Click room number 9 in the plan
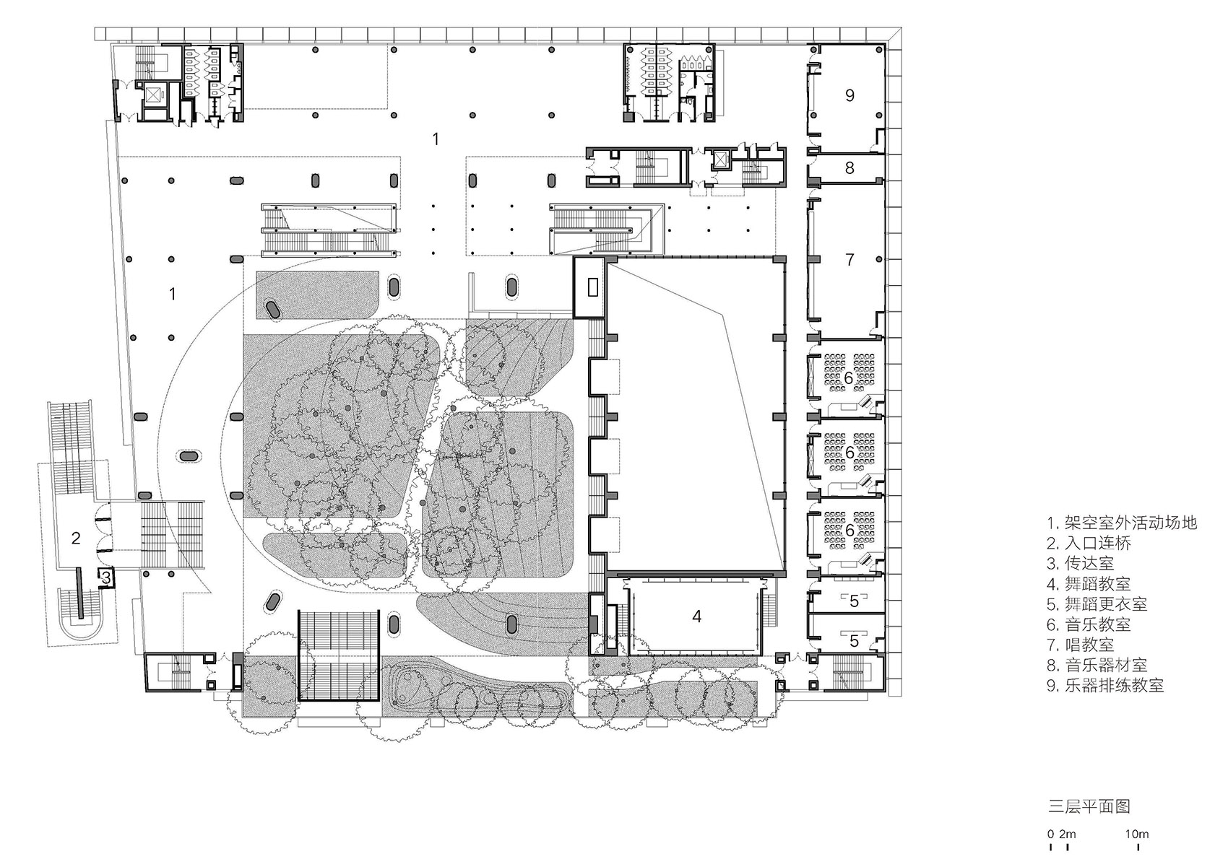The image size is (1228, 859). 849,95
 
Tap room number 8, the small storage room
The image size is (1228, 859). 849,167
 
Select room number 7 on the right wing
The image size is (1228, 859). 849,259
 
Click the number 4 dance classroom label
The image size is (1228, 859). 696,616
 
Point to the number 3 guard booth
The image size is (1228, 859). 105,577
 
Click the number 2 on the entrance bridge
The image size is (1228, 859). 75,537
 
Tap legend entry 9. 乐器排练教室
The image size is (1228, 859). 1105,686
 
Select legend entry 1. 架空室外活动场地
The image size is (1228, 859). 1122,522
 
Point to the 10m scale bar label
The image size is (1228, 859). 1136,834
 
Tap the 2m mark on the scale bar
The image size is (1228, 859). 1068,834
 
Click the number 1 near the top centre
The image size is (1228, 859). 436,139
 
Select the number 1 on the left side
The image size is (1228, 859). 172,294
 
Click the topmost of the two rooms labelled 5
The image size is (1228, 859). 854,601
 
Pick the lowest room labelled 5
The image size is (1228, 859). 854,641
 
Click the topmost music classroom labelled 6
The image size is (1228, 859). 849,377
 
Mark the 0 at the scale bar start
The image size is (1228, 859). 1052,834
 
